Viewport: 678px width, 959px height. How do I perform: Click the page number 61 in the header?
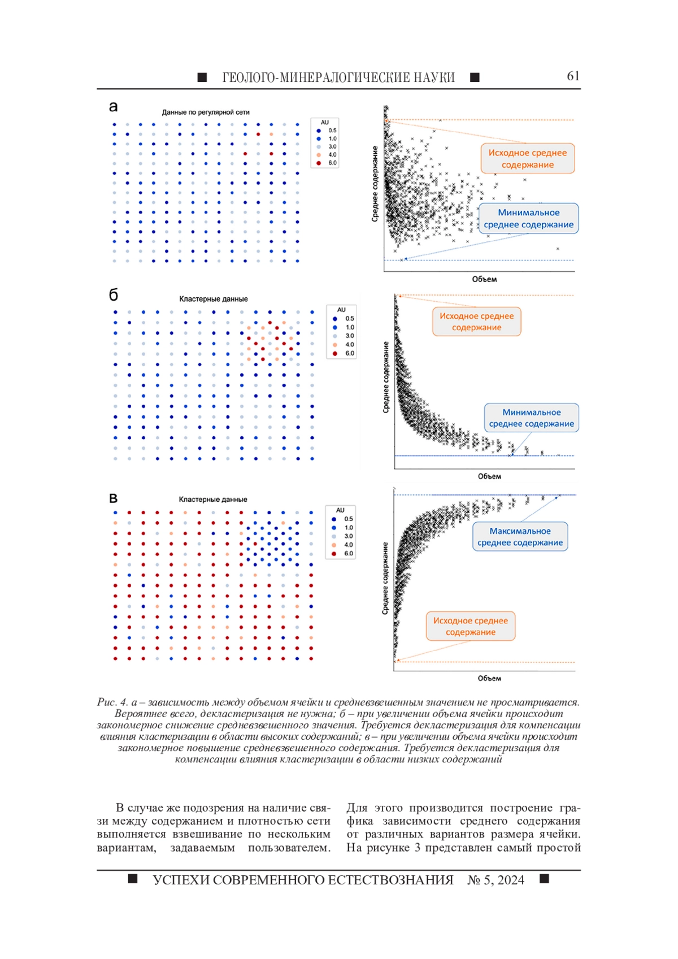[573, 76]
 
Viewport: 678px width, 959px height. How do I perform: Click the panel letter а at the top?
[113, 107]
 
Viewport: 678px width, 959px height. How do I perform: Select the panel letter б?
[114, 294]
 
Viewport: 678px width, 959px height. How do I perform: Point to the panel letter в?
[113, 498]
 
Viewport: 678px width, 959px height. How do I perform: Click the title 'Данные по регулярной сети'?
[206, 112]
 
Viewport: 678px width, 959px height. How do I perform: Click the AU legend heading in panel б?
[341, 310]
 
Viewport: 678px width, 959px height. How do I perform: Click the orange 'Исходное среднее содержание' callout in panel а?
[527, 158]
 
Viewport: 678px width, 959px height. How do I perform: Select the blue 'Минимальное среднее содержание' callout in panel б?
[531, 418]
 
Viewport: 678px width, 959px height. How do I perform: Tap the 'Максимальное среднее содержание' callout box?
[520, 536]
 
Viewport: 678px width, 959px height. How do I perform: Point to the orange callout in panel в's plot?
[471, 626]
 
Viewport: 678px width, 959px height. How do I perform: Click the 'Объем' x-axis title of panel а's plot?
[484, 279]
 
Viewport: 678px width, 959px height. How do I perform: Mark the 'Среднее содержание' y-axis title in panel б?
[386, 377]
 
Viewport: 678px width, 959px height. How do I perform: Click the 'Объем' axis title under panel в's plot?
[489, 678]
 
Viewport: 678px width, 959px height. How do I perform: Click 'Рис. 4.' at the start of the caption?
[112, 702]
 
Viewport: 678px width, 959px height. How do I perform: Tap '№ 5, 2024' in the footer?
[496, 880]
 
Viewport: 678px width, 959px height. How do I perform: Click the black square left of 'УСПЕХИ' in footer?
[133, 879]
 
